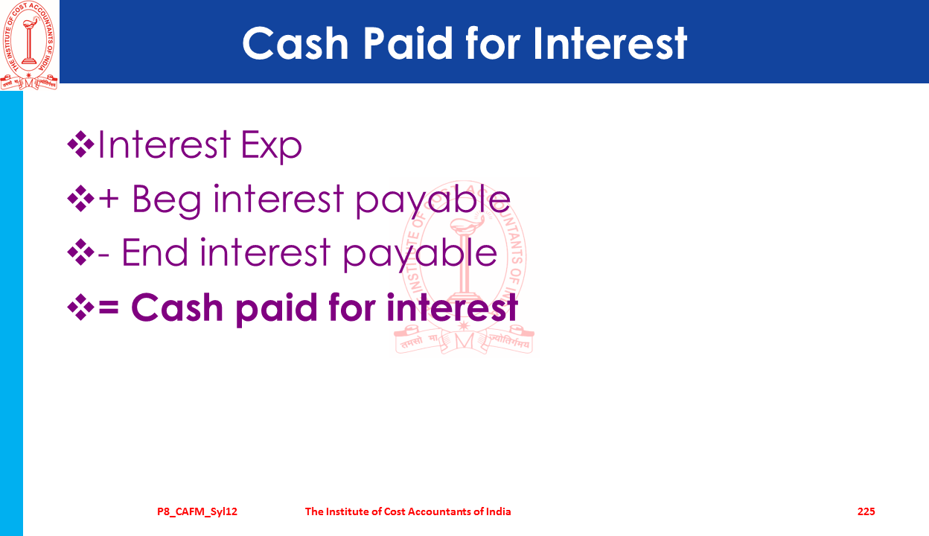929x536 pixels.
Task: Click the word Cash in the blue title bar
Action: click(x=296, y=43)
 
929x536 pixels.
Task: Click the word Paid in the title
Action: click(x=407, y=43)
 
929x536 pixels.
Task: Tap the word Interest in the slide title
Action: click(x=610, y=43)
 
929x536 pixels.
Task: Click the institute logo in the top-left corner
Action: click(x=28, y=45)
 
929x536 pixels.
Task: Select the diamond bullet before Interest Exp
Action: click(x=80, y=144)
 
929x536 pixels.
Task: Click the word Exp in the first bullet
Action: click(x=271, y=145)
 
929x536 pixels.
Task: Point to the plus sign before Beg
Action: click(x=109, y=199)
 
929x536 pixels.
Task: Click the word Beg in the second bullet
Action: click(x=166, y=201)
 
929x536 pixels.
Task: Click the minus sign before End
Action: click(x=103, y=255)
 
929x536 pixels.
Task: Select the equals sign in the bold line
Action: click(x=109, y=307)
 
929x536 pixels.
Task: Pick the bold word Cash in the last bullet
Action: click(x=177, y=307)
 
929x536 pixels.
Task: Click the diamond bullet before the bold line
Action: click(x=80, y=307)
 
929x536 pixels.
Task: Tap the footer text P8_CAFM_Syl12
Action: click(x=197, y=511)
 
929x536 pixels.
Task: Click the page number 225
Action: click(x=866, y=511)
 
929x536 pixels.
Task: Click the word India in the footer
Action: click(x=499, y=511)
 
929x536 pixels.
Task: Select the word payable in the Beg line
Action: click(x=433, y=201)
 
